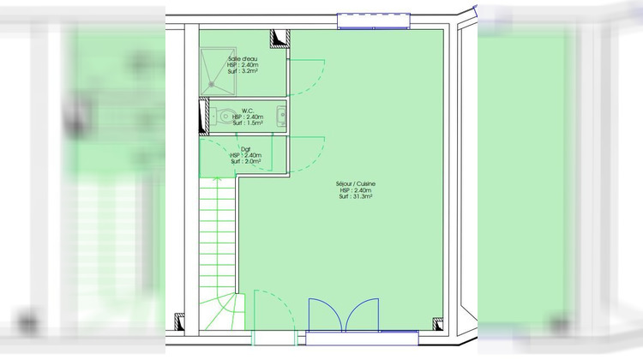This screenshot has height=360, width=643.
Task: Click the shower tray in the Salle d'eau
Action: [217, 69]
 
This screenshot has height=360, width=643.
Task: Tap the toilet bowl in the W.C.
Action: [224, 117]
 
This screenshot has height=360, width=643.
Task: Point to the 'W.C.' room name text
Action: [247, 110]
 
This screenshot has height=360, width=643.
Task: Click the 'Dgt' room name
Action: [245, 147]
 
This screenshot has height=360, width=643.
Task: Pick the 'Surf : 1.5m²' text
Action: [248, 123]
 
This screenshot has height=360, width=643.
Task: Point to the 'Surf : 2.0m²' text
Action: [245, 161]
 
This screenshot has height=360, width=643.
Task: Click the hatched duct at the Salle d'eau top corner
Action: [278, 38]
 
